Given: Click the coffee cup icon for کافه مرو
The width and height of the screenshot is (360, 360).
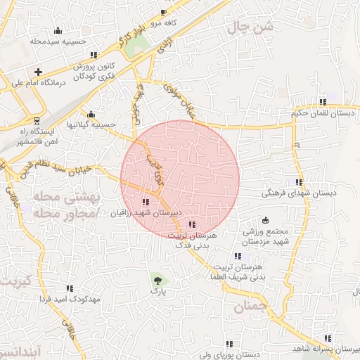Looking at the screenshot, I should [164, 13].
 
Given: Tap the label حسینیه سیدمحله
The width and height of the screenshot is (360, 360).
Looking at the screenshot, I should [58, 41].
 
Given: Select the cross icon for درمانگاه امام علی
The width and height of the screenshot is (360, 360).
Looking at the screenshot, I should [38, 72].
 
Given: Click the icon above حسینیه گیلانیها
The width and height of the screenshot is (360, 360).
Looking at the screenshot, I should [90, 115].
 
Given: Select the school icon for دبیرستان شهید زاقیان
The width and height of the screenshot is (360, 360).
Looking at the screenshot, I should [146, 202].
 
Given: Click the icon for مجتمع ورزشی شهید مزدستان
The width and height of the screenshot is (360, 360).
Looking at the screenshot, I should [264, 220].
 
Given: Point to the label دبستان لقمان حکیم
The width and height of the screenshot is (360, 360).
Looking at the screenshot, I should [325, 112].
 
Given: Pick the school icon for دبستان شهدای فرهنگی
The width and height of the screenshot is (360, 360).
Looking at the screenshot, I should [300, 183].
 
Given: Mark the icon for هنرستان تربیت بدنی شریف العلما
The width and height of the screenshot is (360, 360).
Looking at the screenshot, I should [238, 257].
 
